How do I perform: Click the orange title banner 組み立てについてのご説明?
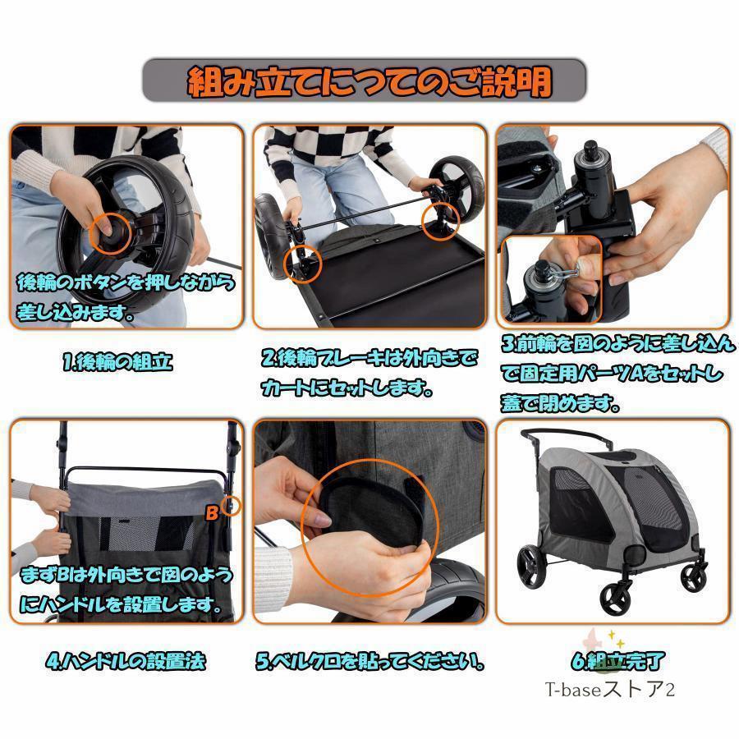click(x=365, y=81)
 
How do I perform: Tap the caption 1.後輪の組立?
click(x=117, y=362)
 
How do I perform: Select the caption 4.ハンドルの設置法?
click(x=126, y=661)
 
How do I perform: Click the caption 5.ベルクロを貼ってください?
click(x=370, y=661)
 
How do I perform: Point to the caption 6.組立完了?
click(x=617, y=661)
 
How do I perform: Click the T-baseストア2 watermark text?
click(x=610, y=690)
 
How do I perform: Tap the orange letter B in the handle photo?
click(x=212, y=512)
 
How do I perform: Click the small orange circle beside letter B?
click(x=231, y=506)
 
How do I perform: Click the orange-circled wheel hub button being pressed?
click(x=111, y=233)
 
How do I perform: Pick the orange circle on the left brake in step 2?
click(x=303, y=264)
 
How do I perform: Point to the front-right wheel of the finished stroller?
click(x=694, y=577)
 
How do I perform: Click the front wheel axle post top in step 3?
click(x=591, y=149)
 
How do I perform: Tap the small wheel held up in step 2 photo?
click(x=457, y=186)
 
